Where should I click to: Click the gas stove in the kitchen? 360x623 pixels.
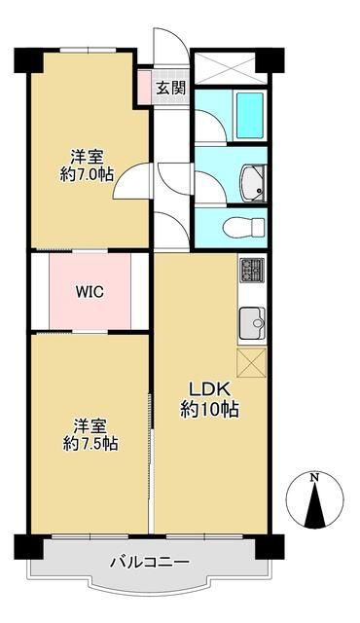point(251,269)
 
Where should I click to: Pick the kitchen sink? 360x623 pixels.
point(251,319)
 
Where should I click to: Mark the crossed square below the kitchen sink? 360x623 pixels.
point(251,362)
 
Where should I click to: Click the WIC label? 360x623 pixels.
point(90,292)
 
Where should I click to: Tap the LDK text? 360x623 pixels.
point(209,388)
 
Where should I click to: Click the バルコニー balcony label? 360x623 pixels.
point(149,563)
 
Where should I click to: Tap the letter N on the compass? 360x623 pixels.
point(313,478)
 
